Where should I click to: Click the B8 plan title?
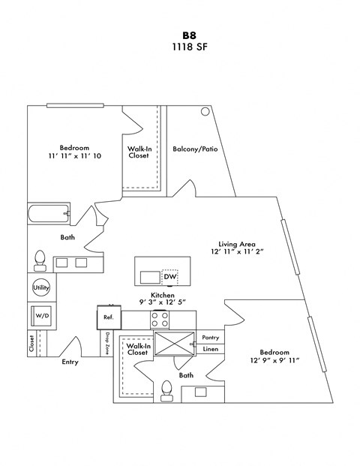coord(187,35)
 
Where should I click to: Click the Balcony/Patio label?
coord(195,149)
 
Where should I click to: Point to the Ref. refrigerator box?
coord(108,317)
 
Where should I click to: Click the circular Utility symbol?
coord(40,287)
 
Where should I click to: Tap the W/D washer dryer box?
coord(41,317)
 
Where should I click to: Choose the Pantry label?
coord(211,338)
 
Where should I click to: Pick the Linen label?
coord(210,349)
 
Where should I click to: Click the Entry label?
coord(69,362)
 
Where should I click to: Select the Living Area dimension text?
coord(238,254)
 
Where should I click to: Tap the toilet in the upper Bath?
coord(40,260)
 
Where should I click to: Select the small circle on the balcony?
coord(205,112)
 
